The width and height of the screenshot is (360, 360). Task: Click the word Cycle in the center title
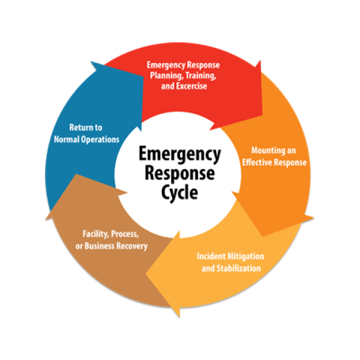(x=180, y=192)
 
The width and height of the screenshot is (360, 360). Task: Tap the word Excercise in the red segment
(x=189, y=86)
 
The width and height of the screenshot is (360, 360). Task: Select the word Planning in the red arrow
(x=166, y=76)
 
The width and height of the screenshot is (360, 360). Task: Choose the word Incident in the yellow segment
(x=211, y=256)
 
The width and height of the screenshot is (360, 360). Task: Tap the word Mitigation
(x=246, y=256)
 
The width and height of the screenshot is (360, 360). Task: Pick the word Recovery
(x=132, y=247)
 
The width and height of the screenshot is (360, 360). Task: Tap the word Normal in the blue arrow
(x=66, y=139)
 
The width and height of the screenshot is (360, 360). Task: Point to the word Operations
(x=99, y=139)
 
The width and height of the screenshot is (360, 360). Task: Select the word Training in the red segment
(x=201, y=76)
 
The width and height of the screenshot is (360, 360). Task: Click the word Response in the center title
(x=180, y=174)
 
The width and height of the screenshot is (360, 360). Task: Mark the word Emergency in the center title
(x=180, y=155)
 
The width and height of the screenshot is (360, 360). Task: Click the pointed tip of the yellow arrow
(x=146, y=274)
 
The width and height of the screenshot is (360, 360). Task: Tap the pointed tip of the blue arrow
(x=91, y=62)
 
